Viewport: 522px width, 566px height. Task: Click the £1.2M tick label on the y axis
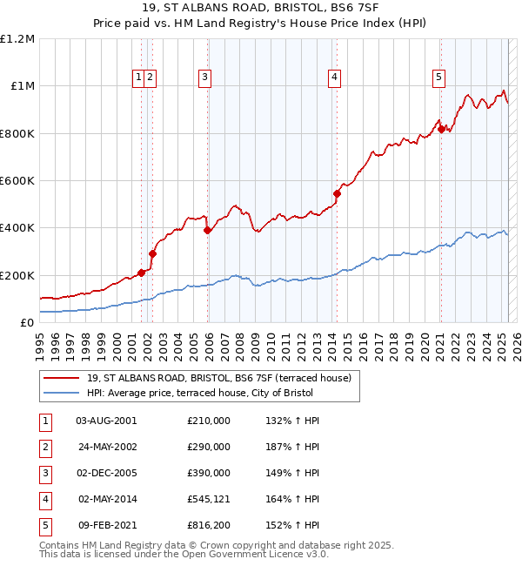point(17,38)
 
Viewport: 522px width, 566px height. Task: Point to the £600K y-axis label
point(17,180)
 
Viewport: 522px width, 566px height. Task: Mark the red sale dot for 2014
point(337,193)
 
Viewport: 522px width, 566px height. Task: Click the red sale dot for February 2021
point(441,129)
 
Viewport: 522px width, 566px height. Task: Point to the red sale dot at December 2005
point(207,230)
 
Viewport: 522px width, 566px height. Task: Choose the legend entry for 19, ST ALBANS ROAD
point(218,378)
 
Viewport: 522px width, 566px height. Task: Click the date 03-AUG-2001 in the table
point(106,421)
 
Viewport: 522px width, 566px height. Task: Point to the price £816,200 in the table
point(209,525)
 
